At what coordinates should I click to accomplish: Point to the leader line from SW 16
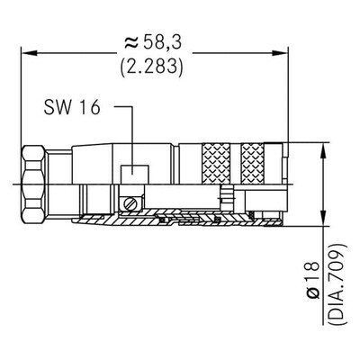coord(132,135)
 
